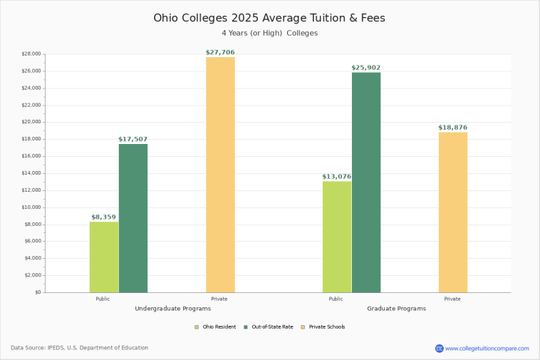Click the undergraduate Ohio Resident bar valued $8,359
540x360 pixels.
pyautogui.click(x=104, y=257)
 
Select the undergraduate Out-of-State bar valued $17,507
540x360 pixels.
pyautogui.click(x=133, y=218)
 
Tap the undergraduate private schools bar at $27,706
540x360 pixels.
pyautogui.click(x=220, y=175)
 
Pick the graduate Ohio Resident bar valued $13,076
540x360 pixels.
pyautogui.click(x=337, y=237)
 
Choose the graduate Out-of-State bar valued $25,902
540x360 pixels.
pyautogui.click(x=366, y=182)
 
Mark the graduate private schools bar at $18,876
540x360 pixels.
pyautogui.click(x=453, y=212)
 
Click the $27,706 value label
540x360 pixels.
pyautogui.click(x=220, y=52)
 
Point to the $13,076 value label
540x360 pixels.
pyautogui.click(x=337, y=177)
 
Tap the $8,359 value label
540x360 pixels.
pyautogui.click(x=104, y=217)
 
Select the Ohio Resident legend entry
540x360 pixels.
pyautogui.click(x=215, y=326)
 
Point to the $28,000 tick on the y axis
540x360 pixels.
pyautogui.click(x=32, y=54)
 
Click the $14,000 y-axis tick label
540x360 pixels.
pyautogui.click(x=32, y=173)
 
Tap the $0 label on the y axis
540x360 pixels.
pyautogui.click(x=38, y=292)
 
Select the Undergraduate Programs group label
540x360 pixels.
pyautogui.click(x=172, y=309)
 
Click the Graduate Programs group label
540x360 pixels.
pyautogui.click(x=396, y=309)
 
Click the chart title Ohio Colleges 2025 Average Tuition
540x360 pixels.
pyautogui.click(x=269, y=18)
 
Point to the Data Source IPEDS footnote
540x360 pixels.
pyautogui.click(x=79, y=348)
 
